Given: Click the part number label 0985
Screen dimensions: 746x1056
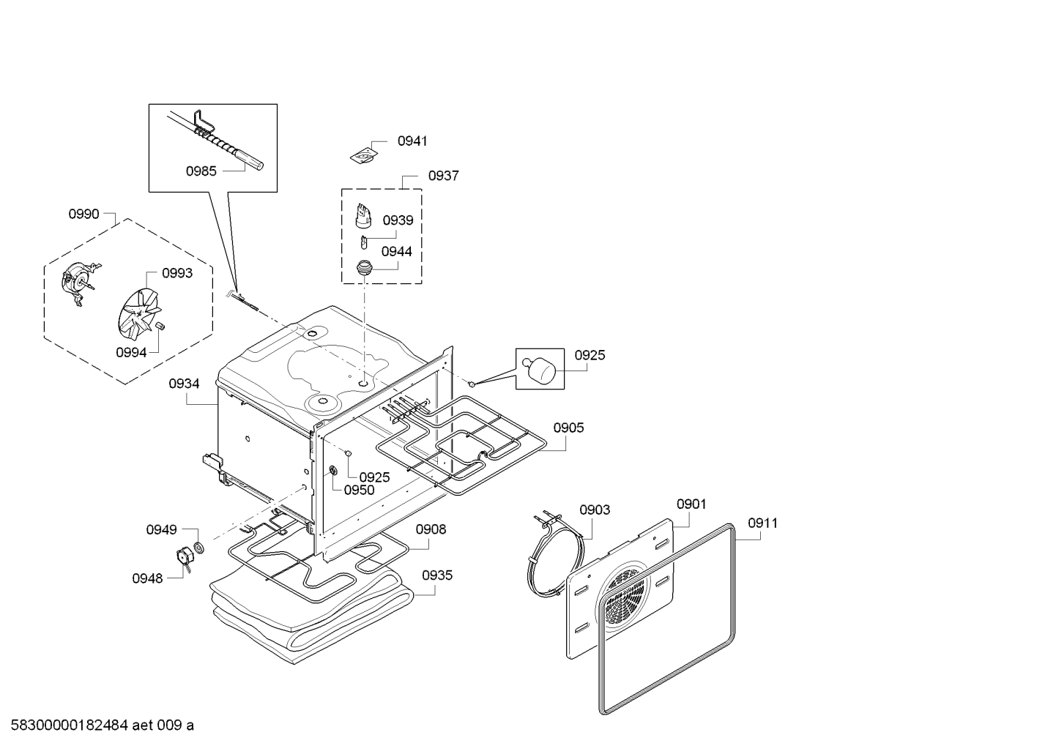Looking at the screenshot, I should point(201,171).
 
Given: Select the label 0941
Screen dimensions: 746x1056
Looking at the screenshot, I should point(412,141).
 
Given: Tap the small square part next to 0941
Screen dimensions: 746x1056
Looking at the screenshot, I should point(362,155).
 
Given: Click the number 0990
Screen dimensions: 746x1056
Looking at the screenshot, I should point(83,214).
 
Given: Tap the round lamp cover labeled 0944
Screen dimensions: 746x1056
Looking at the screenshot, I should point(364,269).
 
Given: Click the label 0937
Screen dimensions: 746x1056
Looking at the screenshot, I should point(443,176).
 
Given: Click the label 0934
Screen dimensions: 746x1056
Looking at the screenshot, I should point(184,383).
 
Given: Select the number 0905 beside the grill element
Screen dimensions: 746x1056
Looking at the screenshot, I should point(568,428).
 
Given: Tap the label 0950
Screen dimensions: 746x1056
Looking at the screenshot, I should point(359,491).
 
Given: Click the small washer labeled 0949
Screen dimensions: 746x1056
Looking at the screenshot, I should point(198,548).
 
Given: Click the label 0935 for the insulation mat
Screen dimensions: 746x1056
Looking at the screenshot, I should point(437,575).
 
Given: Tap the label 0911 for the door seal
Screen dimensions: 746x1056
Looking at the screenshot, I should point(762,523).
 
